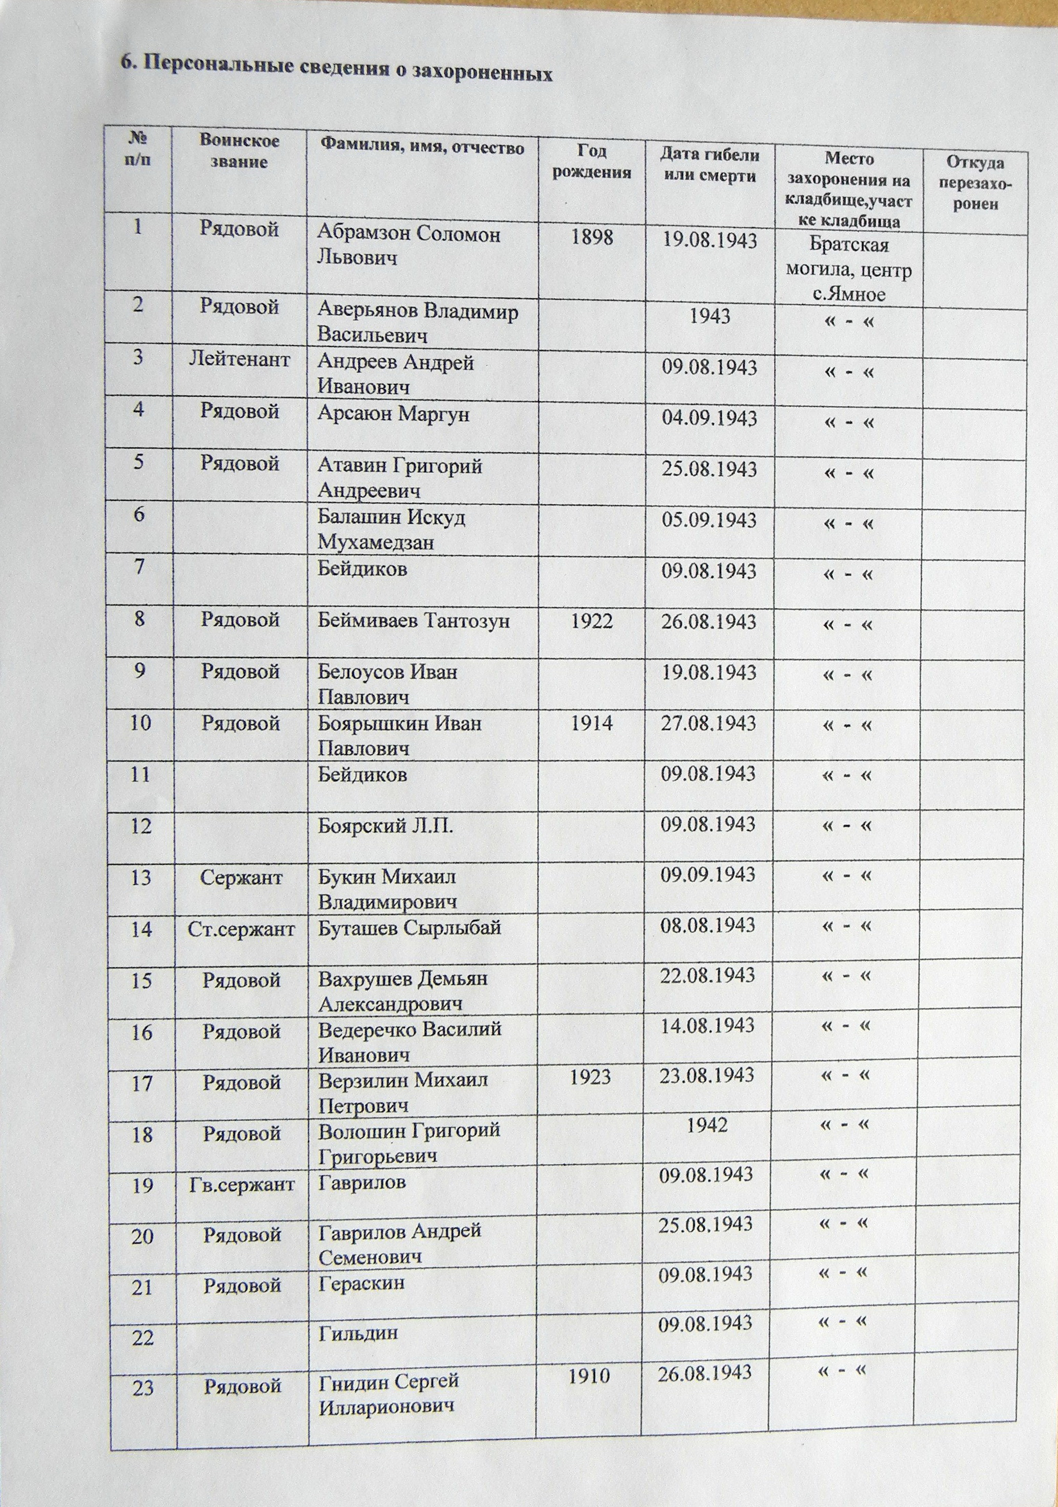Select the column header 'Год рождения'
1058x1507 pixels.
(x=592, y=162)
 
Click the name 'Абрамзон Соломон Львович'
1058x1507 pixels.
(x=408, y=246)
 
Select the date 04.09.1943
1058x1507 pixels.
(x=709, y=418)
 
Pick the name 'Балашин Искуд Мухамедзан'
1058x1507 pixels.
(x=391, y=530)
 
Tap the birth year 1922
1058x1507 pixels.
(x=592, y=621)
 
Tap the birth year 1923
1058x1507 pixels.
(x=591, y=1076)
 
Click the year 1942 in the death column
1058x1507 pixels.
(x=707, y=1125)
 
